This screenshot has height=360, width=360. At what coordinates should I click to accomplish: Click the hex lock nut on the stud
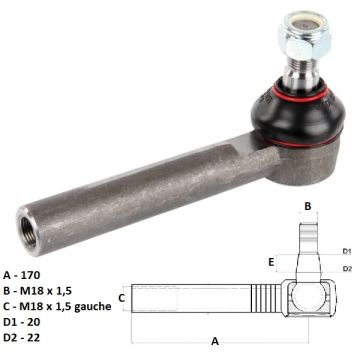coord(304,36)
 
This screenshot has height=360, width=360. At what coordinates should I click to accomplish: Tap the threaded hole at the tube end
coord(29,232)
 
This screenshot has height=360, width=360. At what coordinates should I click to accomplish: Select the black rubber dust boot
coord(297,113)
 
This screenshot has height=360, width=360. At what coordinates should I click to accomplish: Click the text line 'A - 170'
coord(22,275)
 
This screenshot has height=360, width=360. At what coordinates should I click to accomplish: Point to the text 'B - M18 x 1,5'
coord(37,291)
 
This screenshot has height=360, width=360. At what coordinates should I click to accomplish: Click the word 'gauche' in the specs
coord(93,307)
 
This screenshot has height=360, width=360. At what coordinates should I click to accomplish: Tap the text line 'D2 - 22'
coord(22,337)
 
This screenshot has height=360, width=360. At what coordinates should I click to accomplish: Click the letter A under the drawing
coord(215,341)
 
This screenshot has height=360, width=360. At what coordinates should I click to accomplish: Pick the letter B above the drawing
coord(308,206)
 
